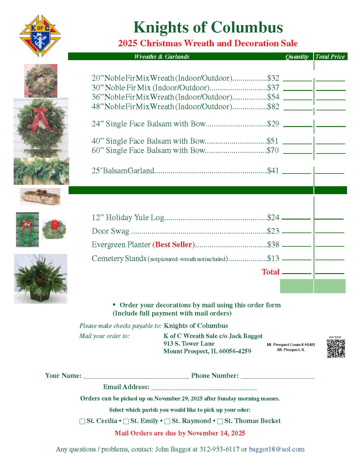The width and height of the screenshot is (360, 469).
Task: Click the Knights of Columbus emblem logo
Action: pyautogui.click(x=40, y=36)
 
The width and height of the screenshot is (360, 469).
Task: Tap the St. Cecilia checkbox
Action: pyautogui.click(x=82, y=421)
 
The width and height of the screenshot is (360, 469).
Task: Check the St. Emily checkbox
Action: pyautogui.click(x=126, y=421)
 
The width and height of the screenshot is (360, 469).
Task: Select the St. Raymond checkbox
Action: pyautogui.click(x=167, y=421)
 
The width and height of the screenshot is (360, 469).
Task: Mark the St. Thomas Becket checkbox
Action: pyautogui.click(x=220, y=421)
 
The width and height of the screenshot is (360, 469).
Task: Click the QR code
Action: pyautogui.click(x=336, y=349)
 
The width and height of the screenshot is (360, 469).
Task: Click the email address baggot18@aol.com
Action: pyautogui.click(x=276, y=449)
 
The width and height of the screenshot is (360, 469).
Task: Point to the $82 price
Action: pyautogui.click(x=273, y=107)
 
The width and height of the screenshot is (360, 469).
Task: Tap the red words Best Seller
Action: pyautogui.click(x=174, y=245)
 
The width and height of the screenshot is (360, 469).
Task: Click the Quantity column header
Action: pyautogui.click(x=297, y=57)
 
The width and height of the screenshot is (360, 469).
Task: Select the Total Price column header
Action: pyautogui.click(x=330, y=57)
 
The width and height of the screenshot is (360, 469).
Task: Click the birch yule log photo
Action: pyautogui.click(x=40, y=197)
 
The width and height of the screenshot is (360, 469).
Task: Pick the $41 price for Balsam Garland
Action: pyautogui.click(x=273, y=171)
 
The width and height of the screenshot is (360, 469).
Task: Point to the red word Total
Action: pyautogui.click(x=270, y=272)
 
